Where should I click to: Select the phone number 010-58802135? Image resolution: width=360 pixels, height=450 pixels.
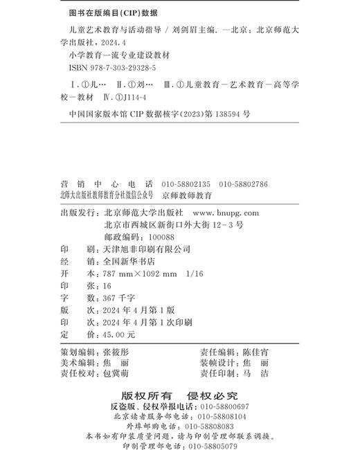click(x=186, y=185)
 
